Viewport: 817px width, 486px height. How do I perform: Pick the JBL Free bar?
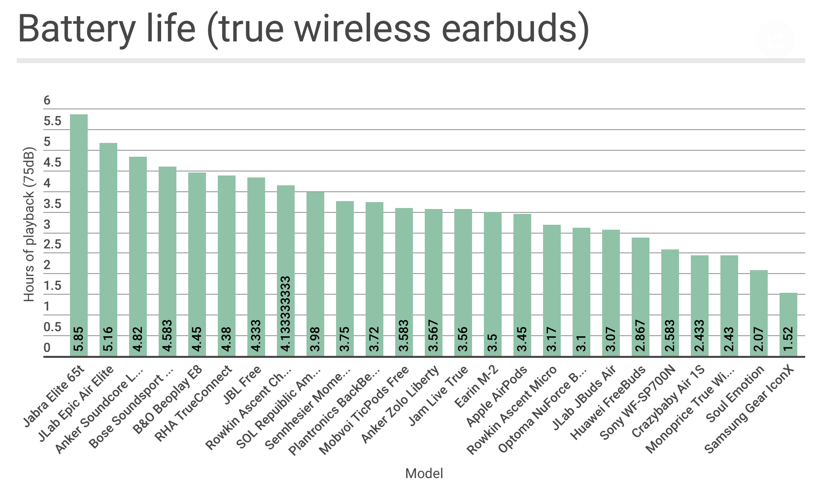pos(256,267)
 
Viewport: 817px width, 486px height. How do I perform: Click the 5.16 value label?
pos(108,339)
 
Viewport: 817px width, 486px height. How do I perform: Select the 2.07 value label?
pos(759,340)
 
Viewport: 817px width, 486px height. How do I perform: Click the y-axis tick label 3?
pos(47,225)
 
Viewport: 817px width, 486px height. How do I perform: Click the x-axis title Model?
pos(424,474)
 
